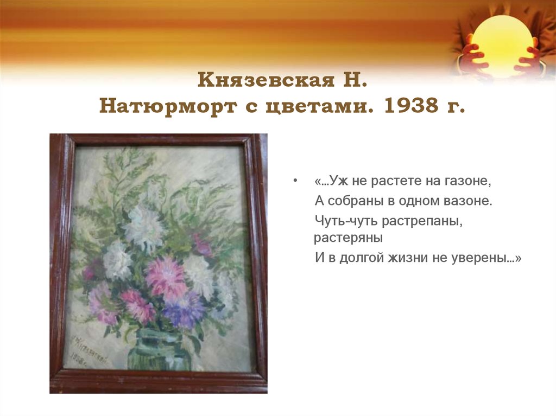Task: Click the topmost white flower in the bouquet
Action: [x=144, y=225]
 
